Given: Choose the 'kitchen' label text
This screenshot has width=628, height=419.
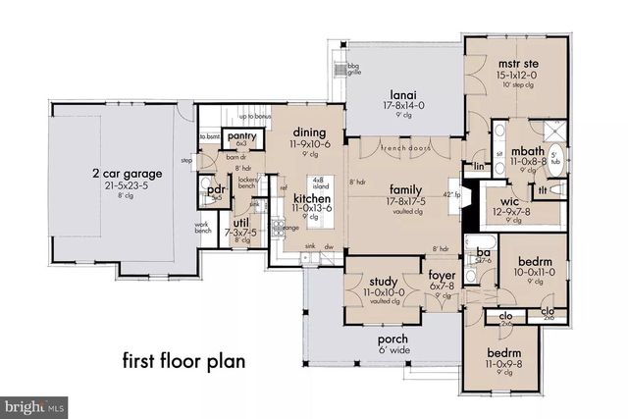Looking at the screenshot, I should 312,197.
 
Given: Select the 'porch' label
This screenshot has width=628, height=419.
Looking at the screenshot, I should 393,340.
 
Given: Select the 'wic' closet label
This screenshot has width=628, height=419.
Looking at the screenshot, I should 521,200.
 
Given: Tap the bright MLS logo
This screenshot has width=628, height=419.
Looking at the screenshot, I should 35,404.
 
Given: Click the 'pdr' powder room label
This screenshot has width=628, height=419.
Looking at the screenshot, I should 215,187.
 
